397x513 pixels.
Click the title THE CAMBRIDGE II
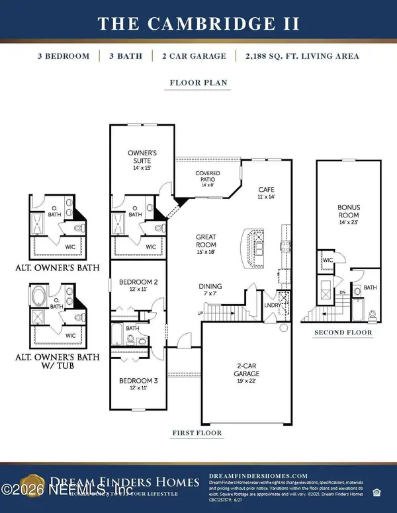[198, 24]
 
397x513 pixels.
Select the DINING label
[211, 290]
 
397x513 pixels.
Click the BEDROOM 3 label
[138, 384]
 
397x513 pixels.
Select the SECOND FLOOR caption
[343, 333]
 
